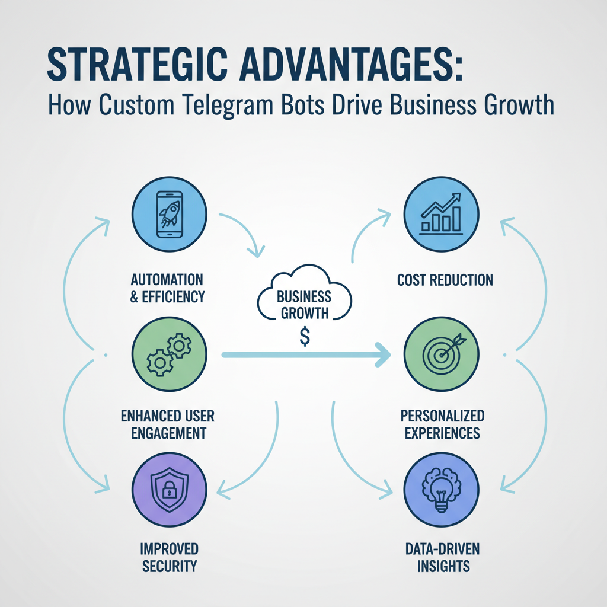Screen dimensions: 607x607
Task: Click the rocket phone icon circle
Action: click(168, 213)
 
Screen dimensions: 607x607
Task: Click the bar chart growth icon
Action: click(440, 213)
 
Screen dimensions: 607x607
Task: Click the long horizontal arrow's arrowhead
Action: click(382, 355)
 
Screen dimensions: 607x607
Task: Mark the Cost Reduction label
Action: click(445, 280)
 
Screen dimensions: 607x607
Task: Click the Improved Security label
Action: click(170, 557)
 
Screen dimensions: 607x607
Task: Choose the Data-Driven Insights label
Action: click(443, 557)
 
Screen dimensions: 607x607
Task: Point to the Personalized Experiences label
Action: click(443, 423)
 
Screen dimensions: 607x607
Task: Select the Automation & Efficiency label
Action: click(167, 287)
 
